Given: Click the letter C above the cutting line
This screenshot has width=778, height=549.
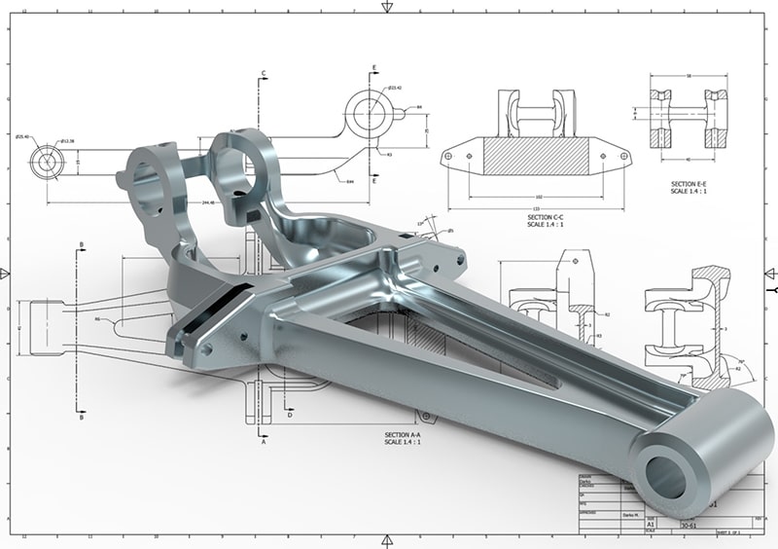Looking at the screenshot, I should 264,73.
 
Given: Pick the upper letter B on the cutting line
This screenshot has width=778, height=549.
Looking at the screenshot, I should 82,244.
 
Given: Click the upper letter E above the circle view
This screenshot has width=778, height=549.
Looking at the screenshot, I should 374,68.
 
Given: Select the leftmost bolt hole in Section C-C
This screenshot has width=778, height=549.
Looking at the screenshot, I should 449,156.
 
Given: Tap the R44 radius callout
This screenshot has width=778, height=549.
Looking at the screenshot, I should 348,181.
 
